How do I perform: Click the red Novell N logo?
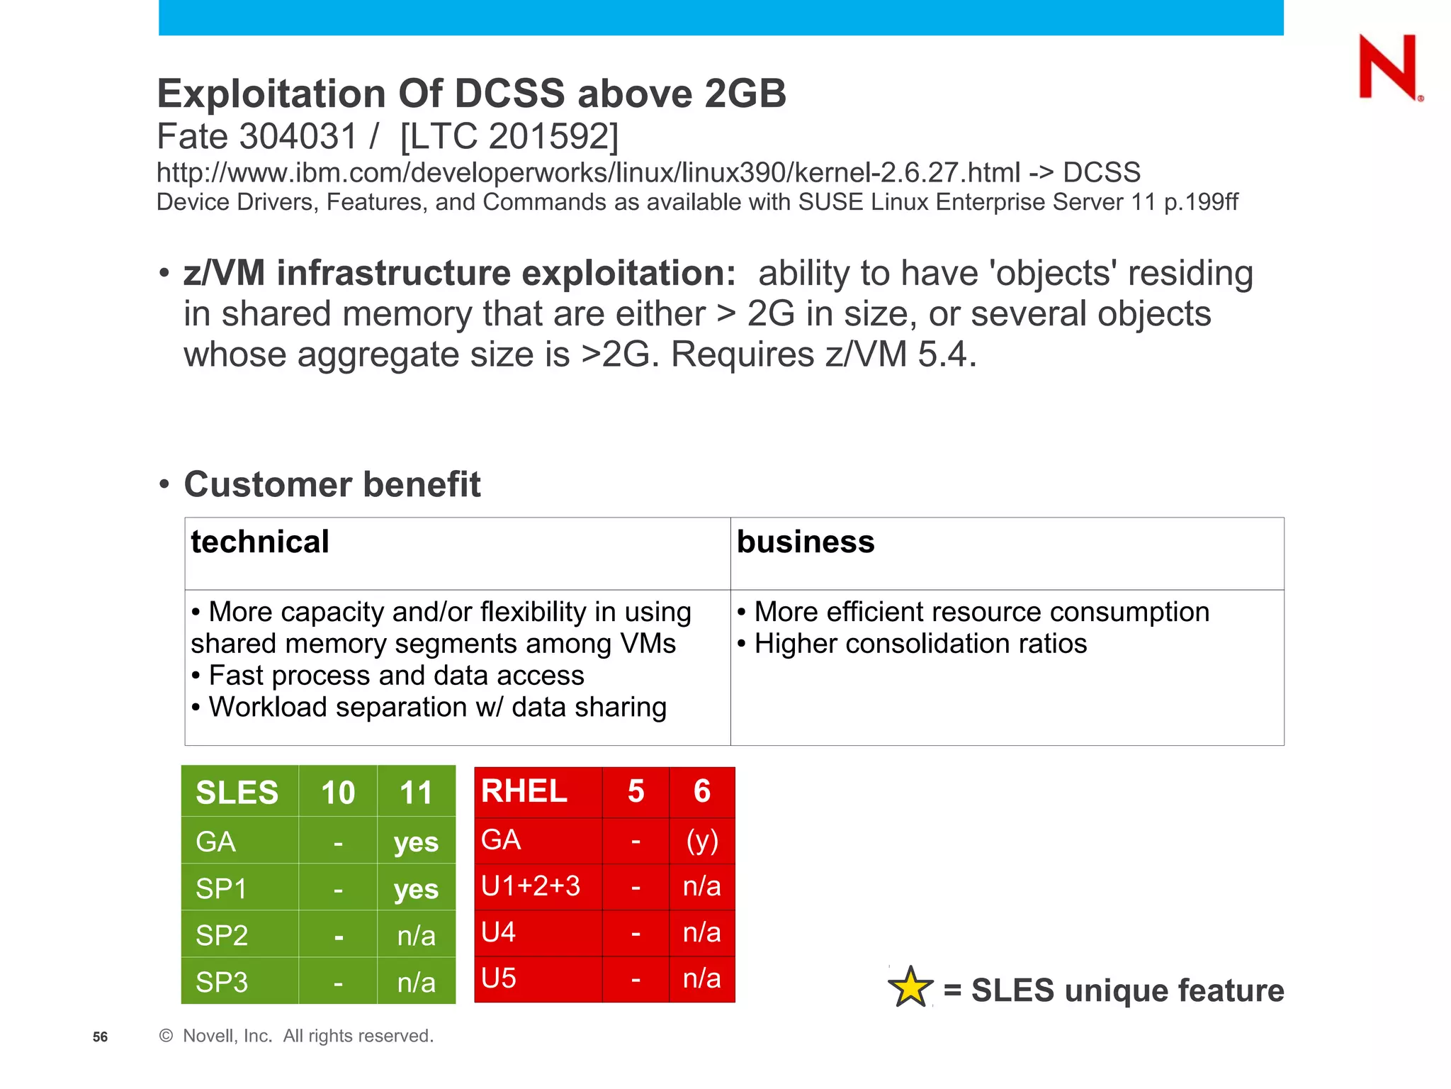click(1388, 67)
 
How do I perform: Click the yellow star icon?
click(910, 988)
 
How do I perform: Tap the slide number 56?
click(100, 1037)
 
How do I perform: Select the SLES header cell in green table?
click(237, 792)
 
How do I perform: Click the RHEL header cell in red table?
click(524, 791)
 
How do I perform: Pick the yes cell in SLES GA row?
click(416, 842)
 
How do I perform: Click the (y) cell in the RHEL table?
click(701, 840)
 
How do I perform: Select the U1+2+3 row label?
click(531, 886)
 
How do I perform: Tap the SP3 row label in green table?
click(222, 982)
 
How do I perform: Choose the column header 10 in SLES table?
click(338, 792)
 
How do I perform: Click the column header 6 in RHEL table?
click(701, 791)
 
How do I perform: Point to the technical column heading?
click(260, 542)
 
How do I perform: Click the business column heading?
click(806, 542)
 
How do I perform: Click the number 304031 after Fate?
click(298, 136)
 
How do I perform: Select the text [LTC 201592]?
click(509, 136)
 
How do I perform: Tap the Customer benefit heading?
click(332, 484)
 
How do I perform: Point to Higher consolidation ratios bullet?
click(920, 644)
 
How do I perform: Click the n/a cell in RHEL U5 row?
click(701, 978)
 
